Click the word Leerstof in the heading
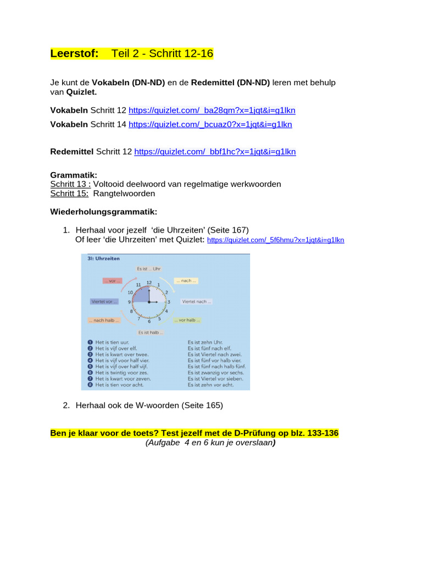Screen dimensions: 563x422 click(x=74, y=53)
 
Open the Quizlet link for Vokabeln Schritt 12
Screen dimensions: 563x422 click(x=212, y=110)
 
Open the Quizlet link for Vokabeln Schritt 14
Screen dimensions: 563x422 click(x=210, y=124)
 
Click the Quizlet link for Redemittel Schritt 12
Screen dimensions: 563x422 click(x=215, y=151)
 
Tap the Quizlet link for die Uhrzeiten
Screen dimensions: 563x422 click(x=275, y=240)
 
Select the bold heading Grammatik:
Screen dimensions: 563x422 click(x=74, y=175)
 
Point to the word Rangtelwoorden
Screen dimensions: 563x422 click(x=124, y=193)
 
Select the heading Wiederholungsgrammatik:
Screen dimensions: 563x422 click(x=104, y=211)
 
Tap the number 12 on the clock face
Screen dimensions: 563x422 click(x=149, y=282)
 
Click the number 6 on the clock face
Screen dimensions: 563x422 click(x=149, y=321)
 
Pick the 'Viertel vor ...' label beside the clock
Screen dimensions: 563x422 click(x=104, y=301)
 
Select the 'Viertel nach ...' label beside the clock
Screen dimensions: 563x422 click(x=196, y=301)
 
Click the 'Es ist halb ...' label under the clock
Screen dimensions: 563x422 click(x=151, y=332)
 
